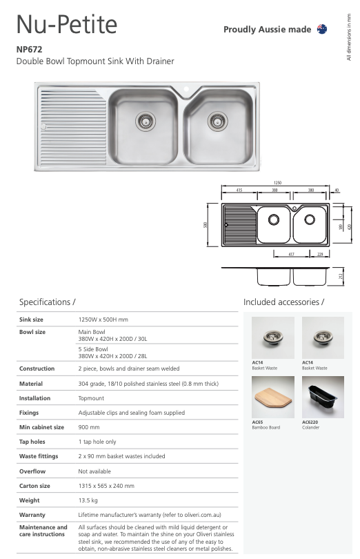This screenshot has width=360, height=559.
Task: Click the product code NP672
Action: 30,50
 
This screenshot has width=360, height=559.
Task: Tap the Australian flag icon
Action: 321,29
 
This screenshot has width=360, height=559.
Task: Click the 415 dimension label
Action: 239,190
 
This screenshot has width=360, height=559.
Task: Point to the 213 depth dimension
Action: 341,276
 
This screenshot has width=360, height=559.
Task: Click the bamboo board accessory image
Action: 273,396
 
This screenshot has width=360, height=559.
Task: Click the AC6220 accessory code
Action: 311,422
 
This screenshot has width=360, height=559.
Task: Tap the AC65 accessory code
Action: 257,422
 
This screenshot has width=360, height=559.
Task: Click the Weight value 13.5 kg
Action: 90,500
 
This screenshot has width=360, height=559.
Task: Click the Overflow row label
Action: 32,471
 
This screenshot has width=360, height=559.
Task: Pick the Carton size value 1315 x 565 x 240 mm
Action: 106,486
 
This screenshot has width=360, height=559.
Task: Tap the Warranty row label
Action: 32,515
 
